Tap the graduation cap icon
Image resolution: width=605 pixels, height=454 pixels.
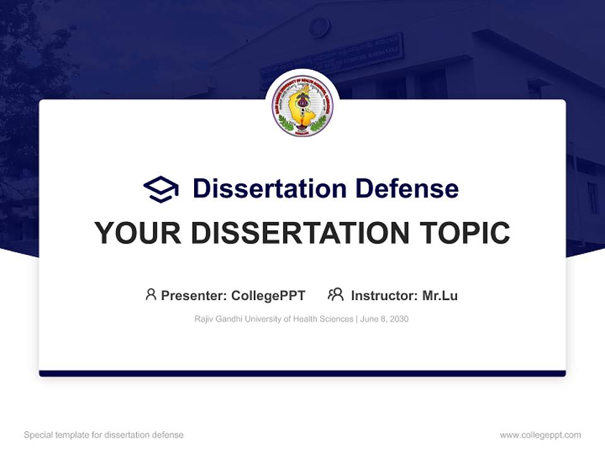point(161,189)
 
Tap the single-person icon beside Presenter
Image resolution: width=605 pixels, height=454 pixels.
point(151,294)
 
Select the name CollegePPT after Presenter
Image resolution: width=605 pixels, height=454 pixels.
point(268,295)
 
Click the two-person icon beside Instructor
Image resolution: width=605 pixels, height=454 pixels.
point(335,294)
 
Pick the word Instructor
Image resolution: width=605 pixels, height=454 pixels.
point(383,295)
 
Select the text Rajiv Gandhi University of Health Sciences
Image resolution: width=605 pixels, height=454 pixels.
point(274,319)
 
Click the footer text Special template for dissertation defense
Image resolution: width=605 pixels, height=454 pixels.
point(104,435)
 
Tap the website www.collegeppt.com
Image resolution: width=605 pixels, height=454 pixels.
point(540,435)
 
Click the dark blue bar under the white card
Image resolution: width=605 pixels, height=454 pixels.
point(302,373)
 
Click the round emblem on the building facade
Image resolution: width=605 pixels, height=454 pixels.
point(320,26)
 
